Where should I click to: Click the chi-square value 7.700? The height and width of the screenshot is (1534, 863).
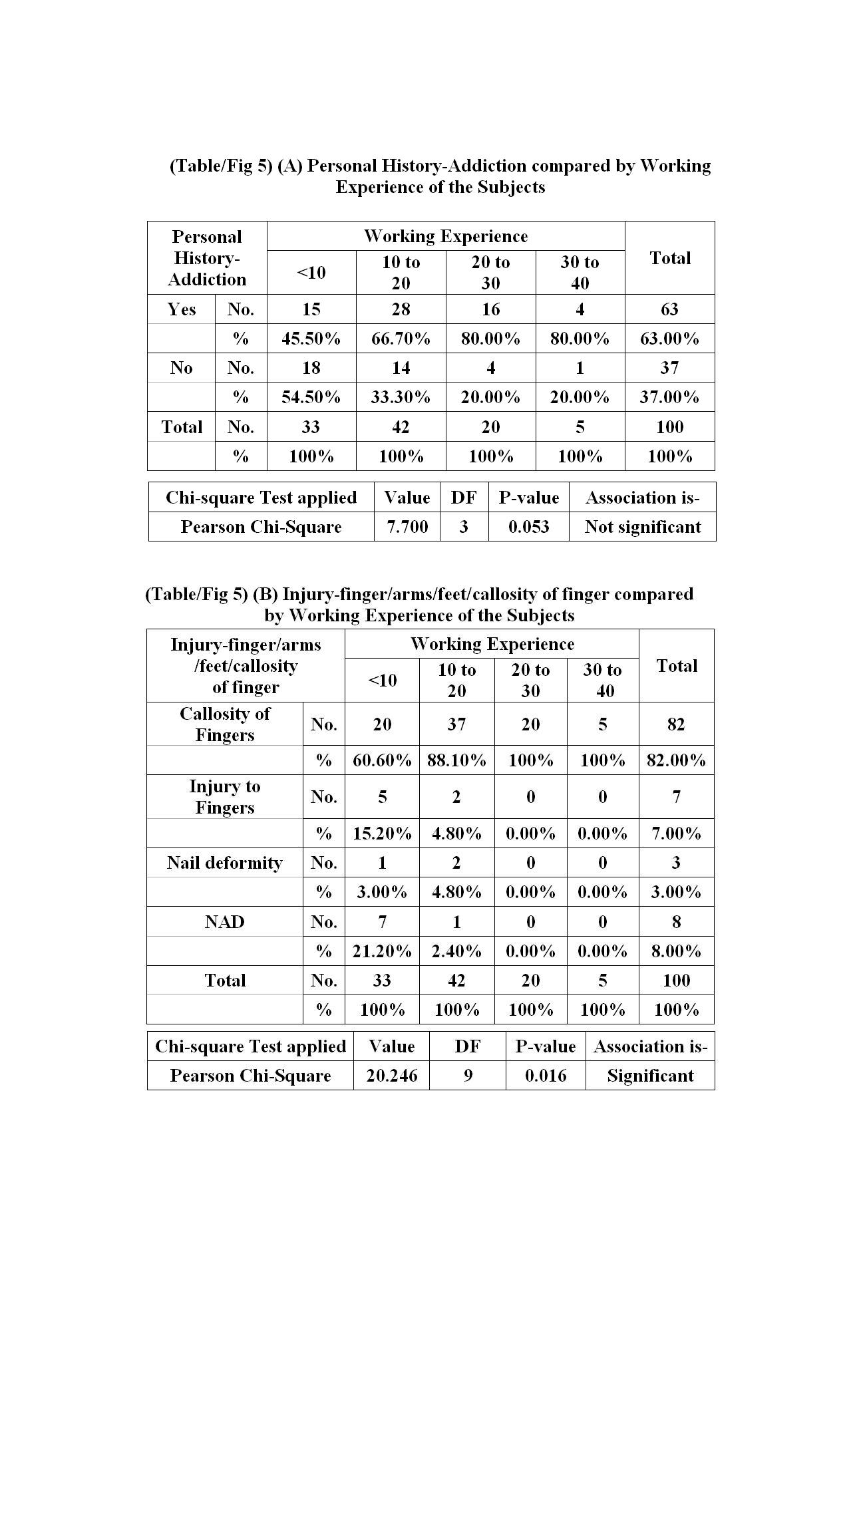point(407,527)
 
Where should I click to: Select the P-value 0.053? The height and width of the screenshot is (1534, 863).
point(528,527)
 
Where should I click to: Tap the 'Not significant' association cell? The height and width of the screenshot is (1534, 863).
point(642,527)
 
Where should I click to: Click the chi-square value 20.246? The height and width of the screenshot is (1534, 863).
point(391,1076)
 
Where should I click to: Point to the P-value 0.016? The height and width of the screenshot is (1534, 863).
point(546,1076)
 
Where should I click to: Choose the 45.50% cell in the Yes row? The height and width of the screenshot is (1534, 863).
point(311,339)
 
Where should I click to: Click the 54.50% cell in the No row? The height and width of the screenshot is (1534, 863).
point(311,397)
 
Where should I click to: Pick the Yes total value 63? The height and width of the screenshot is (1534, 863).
point(669,309)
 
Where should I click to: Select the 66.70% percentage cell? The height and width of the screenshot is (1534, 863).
point(401,339)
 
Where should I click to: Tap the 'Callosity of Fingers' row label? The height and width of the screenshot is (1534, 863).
point(224,724)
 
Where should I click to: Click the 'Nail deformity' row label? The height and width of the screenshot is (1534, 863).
point(224,863)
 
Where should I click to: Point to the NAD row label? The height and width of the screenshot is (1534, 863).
point(224,921)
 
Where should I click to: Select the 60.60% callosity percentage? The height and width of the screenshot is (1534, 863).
point(382,760)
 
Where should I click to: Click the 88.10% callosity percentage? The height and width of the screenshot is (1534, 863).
point(456,760)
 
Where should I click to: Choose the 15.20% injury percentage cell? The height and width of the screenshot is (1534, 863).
point(382,834)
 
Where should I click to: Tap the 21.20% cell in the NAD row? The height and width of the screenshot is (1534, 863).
point(382,951)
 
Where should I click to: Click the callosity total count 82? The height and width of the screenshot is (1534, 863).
point(676,724)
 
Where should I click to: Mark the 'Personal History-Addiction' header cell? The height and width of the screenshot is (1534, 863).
point(207,258)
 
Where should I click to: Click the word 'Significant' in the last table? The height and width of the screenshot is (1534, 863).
point(650,1076)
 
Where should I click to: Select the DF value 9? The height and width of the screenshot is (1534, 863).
point(468,1076)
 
